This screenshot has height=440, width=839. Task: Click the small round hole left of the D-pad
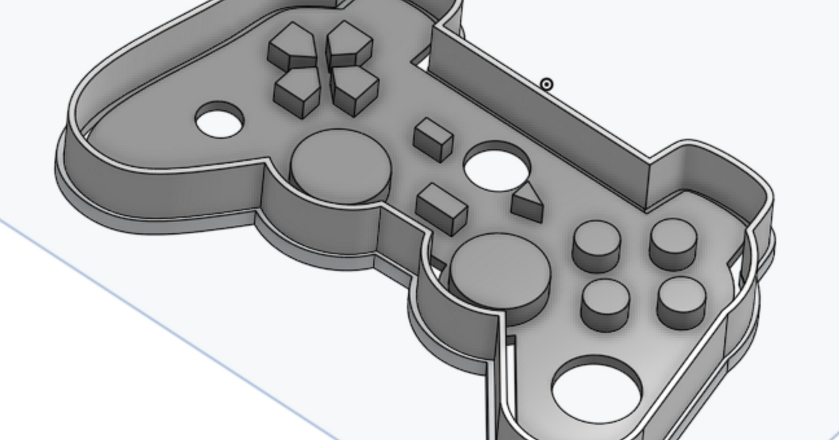[220, 120]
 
